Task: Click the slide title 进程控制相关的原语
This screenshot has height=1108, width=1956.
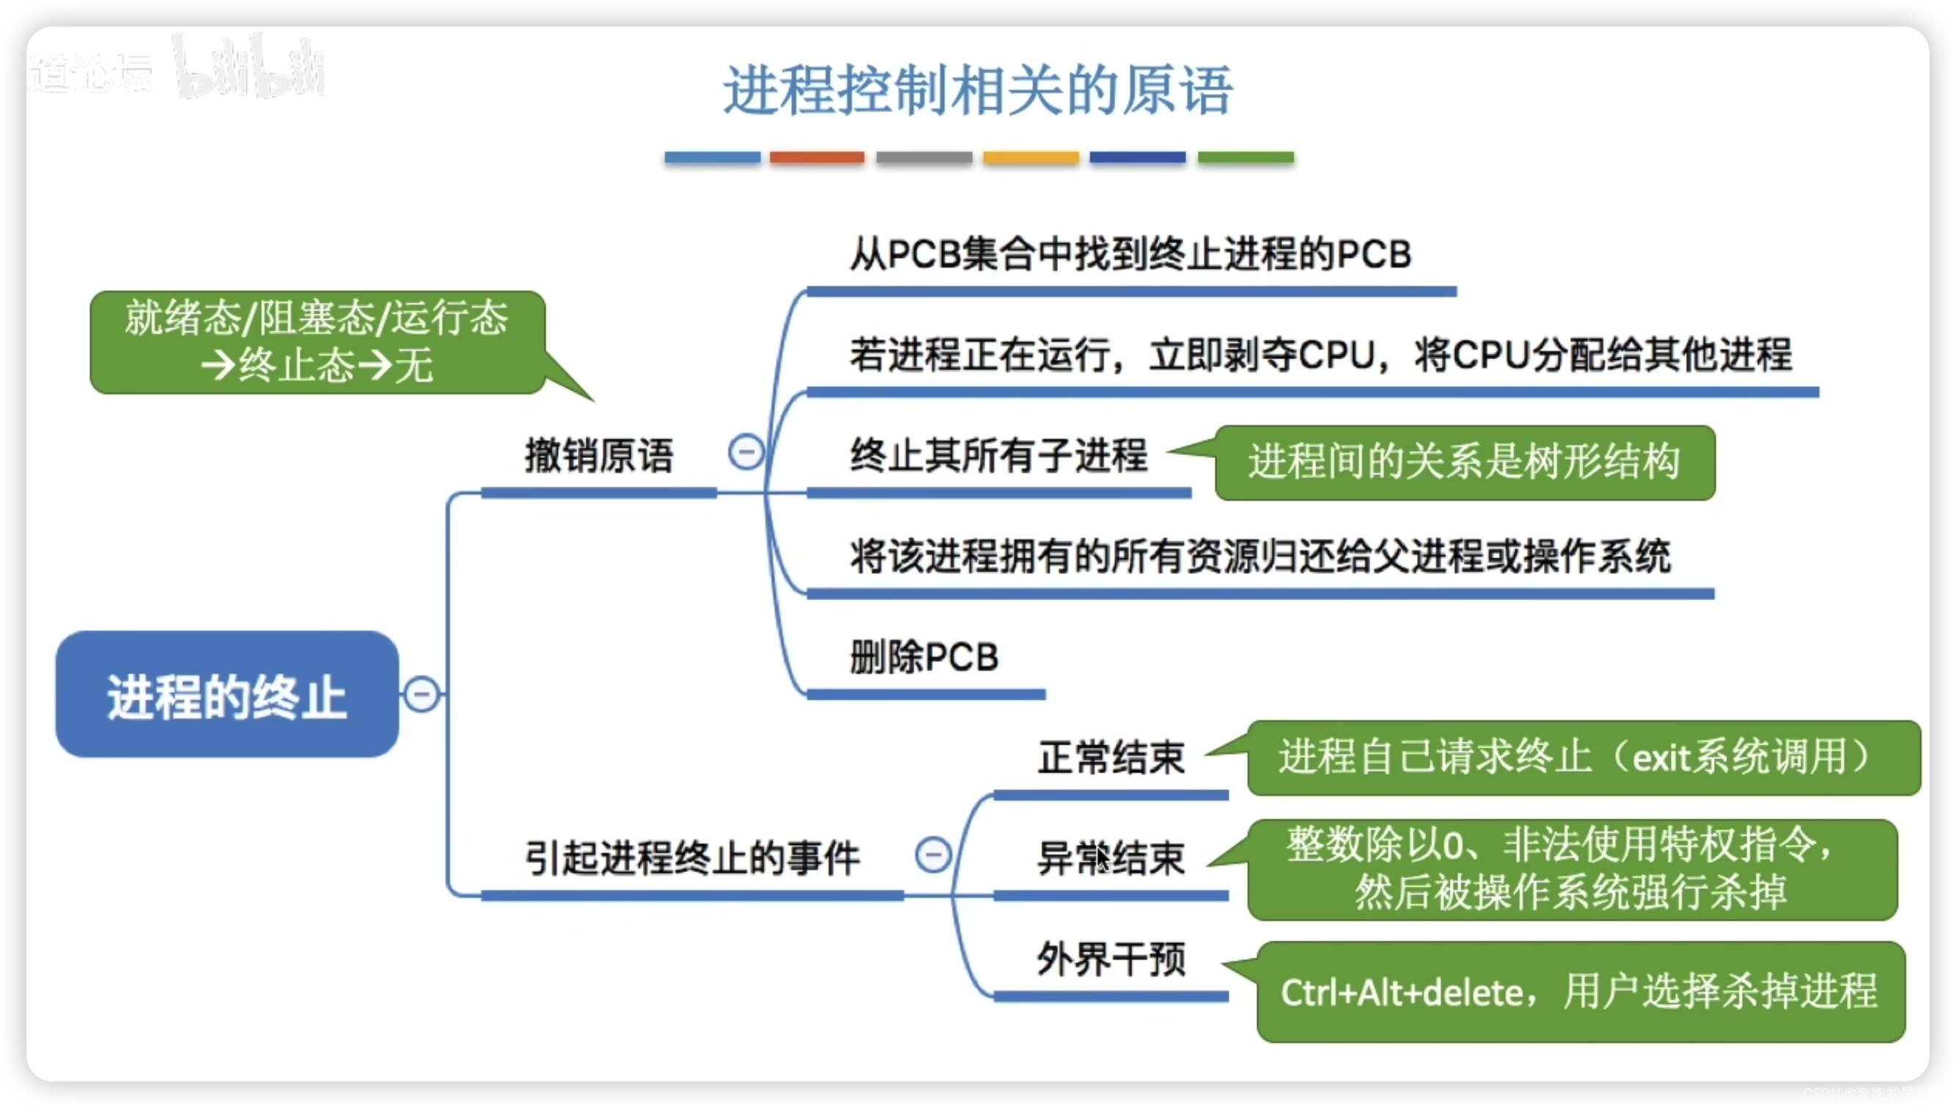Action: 977,90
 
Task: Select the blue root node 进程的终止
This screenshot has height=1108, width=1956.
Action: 227,694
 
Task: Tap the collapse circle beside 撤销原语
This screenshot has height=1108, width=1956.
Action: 746,452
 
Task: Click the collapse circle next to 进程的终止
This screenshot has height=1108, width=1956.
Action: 422,694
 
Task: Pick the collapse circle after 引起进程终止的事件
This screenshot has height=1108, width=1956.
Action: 933,854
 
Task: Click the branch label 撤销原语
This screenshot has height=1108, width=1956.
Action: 599,456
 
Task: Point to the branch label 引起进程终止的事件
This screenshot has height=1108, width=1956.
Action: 693,857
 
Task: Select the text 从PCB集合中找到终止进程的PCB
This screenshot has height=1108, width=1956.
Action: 1130,254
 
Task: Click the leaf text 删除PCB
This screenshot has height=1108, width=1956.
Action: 924,657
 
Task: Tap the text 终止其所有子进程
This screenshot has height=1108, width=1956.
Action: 999,456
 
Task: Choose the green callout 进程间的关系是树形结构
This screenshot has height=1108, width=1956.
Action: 1464,462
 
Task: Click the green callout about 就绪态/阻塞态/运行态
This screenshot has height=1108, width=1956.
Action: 317,341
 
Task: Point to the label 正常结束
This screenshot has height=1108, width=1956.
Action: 1111,758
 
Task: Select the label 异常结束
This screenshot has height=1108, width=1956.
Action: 1111,858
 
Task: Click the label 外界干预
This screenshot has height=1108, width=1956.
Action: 1111,959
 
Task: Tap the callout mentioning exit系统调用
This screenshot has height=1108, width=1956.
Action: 1583,758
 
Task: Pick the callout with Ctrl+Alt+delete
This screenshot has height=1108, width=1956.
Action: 1580,991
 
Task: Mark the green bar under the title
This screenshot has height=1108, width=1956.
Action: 1245,158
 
